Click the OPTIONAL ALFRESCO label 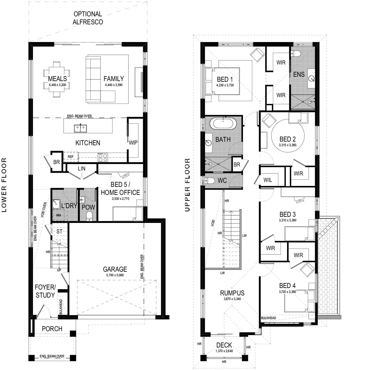pos(88,18)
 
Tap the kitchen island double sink pos(80,128)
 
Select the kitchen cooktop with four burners pos(103,157)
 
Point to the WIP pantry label pos(133,143)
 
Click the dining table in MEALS pos(57,79)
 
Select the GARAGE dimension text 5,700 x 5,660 pos(115,275)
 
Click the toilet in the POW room pos(89,216)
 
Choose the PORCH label pos(52,329)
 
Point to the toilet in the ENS pos(296,53)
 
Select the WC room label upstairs pos(222,180)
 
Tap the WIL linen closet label pos(268,180)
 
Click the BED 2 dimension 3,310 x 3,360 pos(287,145)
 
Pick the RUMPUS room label pos(232,293)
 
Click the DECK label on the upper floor pos(224,345)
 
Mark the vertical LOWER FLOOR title pos(4,185)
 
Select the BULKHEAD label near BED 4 pos(268,318)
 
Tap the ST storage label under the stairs pos(60,231)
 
